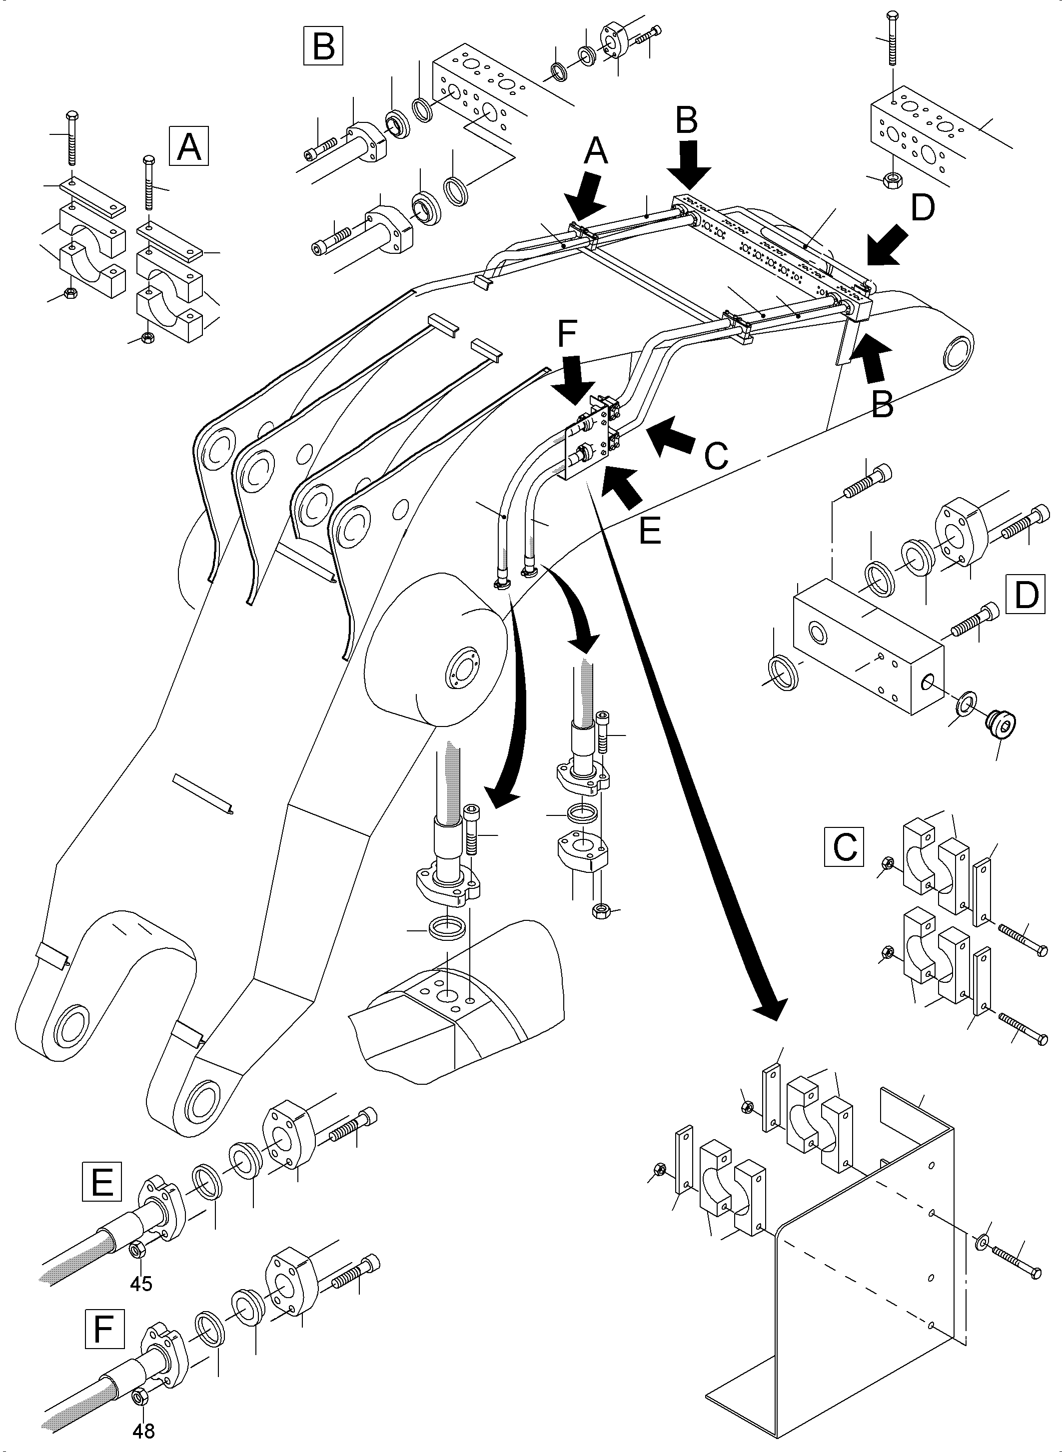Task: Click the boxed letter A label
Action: pos(188,146)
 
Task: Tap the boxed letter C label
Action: pos(844,846)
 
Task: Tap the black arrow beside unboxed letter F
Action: pos(574,381)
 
